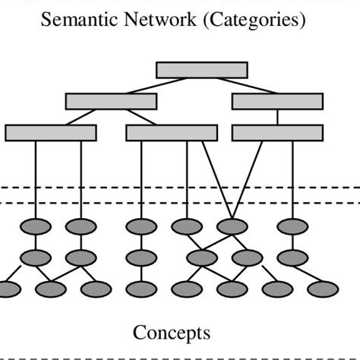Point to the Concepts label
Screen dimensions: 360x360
[172, 333]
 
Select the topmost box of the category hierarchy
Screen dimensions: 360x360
[201, 70]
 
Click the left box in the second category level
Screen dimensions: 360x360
[111, 101]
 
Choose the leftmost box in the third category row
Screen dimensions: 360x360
[51, 133]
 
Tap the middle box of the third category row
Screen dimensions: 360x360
[172, 133]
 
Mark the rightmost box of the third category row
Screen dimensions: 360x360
[277, 133]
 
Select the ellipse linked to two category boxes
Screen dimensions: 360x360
[232, 226]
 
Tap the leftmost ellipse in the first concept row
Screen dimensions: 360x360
[35, 226]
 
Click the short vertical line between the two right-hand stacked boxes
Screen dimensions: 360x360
[277, 117]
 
